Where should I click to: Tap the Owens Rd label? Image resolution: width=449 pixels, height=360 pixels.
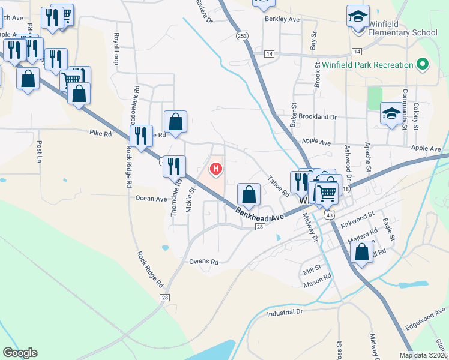coord(203,262)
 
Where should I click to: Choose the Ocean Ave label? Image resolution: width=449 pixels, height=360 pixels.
coord(151,199)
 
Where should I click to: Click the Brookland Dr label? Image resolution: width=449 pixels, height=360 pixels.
coord(318,117)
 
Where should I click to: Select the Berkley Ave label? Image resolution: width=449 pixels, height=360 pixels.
coord(282,19)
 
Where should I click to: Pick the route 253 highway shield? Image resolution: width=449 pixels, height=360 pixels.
coord(242,37)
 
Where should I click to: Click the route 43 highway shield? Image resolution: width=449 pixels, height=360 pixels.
coord(328,214)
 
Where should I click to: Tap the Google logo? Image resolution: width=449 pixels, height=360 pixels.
coord(20,353)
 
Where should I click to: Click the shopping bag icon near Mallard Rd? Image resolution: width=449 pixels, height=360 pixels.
coord(361,252)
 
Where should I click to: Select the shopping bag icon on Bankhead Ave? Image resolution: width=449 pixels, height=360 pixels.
coord(249,195)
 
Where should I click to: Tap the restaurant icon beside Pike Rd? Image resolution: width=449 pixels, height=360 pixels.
coord(141,136)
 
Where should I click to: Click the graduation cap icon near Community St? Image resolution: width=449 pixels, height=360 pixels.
coord(391,114)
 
